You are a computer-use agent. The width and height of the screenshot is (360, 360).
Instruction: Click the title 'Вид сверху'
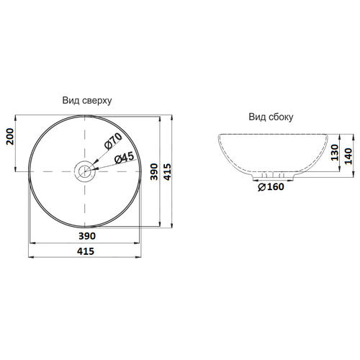pyautogui.click(x=87, y=101)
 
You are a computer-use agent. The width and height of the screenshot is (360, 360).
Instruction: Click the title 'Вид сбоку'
pyautogui.click(x=271, y=117)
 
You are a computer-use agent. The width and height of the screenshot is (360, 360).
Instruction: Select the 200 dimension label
pyautogui.click(x=10, y=137)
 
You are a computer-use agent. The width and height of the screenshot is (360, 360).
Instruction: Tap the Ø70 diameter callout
pyautogui.click(x=113, y=141)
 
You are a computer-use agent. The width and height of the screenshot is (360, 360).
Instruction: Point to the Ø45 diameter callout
pyautogui.click(x=124, y=158)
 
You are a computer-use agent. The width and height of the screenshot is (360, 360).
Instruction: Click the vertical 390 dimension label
pyautogui.click(x=154, y=171)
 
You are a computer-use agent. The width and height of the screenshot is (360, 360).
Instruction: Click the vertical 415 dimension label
pyautogui.click(x=167, y=171)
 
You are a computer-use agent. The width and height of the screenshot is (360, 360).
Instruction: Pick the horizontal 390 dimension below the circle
pyautogui.click(x=87, y=236)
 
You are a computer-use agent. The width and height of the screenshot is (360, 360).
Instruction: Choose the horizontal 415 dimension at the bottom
pyautogui.click(x=86, y=251)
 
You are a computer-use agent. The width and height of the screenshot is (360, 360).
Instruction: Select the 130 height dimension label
pyautogui.click(x=334, y=153)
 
